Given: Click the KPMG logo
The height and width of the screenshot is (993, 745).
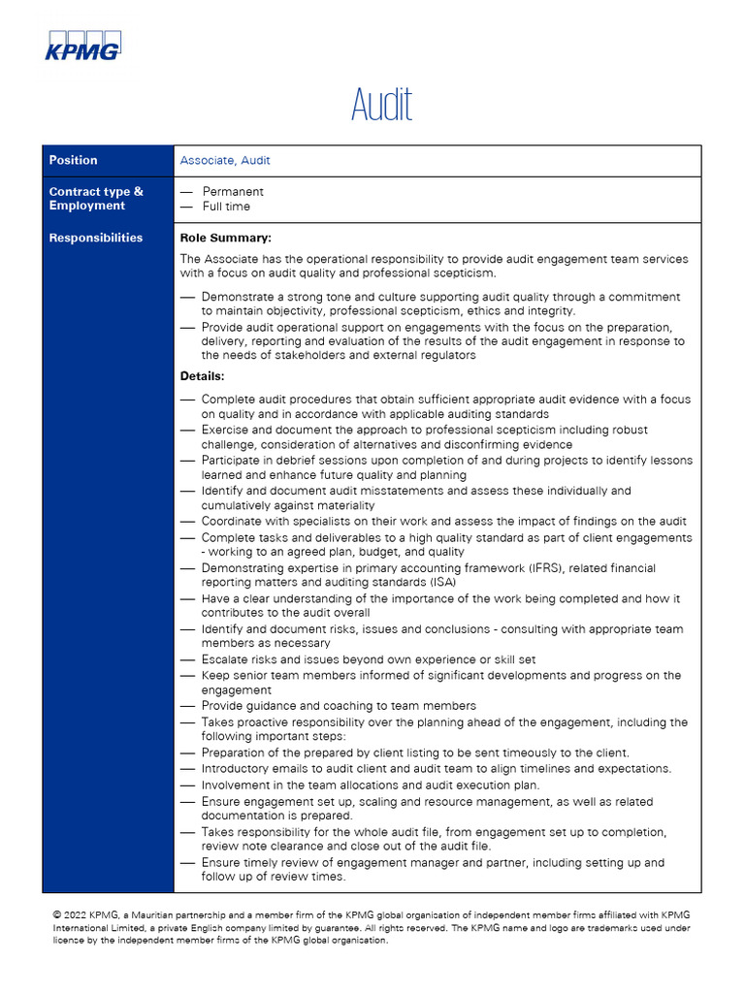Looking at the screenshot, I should click(x=83, y=46).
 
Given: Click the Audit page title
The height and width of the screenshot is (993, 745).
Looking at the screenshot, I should click(x=381, y=105).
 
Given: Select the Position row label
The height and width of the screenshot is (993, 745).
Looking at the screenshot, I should click(x=74, y=160).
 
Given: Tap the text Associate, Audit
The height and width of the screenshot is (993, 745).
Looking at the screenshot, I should click(x=225, y=160).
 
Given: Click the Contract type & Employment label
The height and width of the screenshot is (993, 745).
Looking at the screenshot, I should click(x=96, y=199).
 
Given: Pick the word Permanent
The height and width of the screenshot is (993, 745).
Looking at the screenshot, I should click(x=233, y=192).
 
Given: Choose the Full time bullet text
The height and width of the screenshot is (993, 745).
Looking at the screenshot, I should click(x=226, y=207).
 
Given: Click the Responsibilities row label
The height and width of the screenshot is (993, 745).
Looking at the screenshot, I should click(x=96, y=238).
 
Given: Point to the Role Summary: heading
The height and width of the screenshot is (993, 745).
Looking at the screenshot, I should click(x=226, y=238).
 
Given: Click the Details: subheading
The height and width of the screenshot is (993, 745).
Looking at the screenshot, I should click(x=203, y=375).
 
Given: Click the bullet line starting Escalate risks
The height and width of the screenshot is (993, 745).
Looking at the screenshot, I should click(x=369, y=659).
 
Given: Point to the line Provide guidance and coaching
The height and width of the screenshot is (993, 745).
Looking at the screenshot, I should click(x=339, y=706).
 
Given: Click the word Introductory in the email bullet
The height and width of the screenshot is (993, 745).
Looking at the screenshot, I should click(x=237, y=769).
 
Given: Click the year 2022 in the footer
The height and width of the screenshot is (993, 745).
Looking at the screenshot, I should click(x=78, y=914).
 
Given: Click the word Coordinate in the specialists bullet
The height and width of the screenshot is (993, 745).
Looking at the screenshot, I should click(x=234, y=522).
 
